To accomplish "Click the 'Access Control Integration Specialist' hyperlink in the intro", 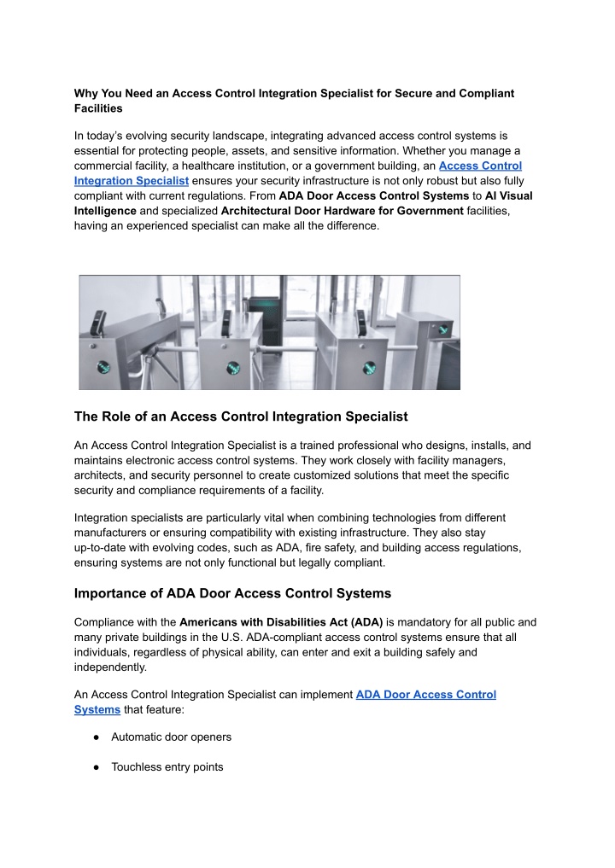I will (480, 166).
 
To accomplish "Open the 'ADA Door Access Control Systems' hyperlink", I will (425, 695).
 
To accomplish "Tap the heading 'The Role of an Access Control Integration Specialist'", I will (241, 417).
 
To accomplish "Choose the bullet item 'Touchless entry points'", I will (167, 766).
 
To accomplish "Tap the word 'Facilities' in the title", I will (98, 108).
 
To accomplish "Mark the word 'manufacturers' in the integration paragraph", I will (114, 533).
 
